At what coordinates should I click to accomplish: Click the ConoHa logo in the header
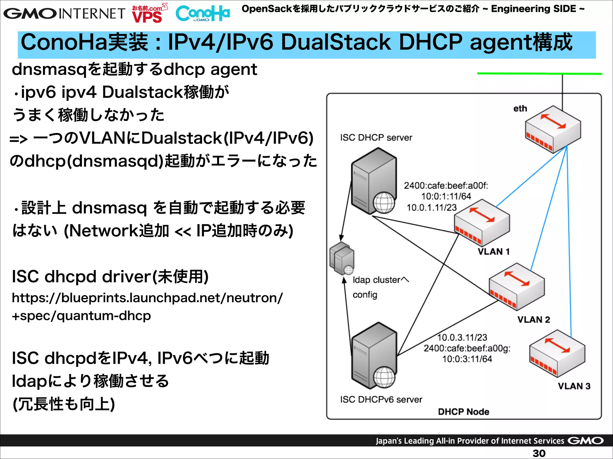(x=203, y=13)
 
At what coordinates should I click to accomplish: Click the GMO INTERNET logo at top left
(x=64, y=13)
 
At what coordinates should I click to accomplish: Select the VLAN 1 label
(x=493, y=252)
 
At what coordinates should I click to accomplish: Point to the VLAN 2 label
(x=534, y=319)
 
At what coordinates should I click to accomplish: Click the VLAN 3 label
(x=574, y=386)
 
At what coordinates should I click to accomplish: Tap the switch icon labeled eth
(x=553, y=129)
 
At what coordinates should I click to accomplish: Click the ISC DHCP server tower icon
(x=374, y=181)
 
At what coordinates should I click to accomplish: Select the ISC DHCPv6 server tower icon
(x=374, y=356)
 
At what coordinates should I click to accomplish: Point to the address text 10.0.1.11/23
(x=431, y=207)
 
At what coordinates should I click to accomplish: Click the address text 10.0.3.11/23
(x=462, y=337)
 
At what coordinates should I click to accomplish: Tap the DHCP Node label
(x=463, y=412)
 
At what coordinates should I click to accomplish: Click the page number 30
(x=539, y=453)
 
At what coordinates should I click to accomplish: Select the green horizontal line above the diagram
(x=539, y=74)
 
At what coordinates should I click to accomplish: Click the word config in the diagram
(x=365, y=295)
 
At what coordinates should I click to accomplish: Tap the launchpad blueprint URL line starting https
(x=147, y=298)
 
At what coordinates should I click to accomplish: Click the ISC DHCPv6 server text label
(x=381, y=400)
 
